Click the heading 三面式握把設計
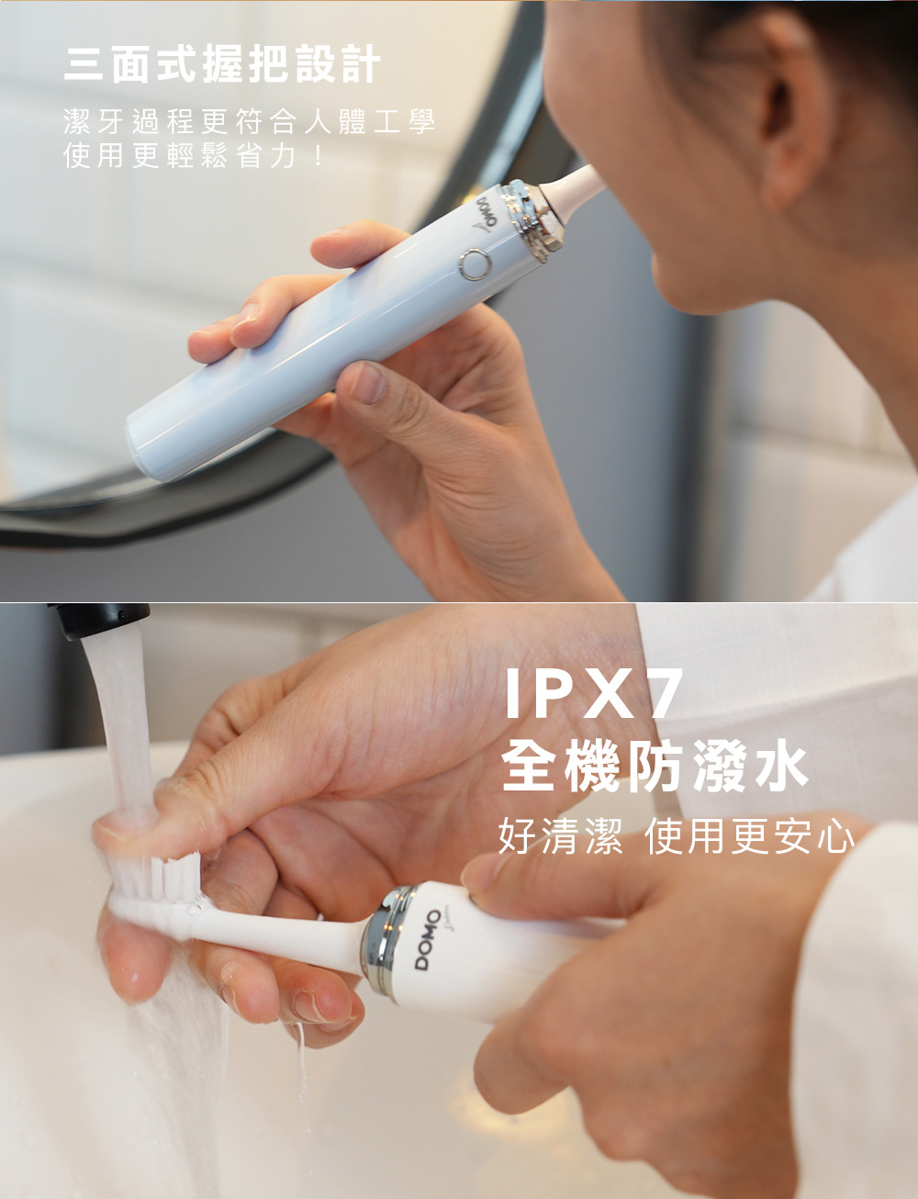[222, 64]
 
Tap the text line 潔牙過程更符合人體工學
[250, 121]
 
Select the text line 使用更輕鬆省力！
[193, 155]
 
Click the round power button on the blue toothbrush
[476, 264]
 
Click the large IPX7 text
[592, 693]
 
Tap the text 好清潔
[561, 836]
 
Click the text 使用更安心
[749, 836]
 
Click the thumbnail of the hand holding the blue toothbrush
[367, 381]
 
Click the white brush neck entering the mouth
[574, 187]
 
